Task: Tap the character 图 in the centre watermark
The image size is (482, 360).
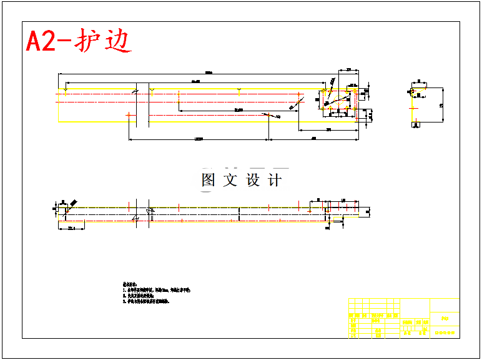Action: [209, 180]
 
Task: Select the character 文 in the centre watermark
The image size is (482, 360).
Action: [230, 180]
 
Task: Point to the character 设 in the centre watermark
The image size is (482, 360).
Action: [253, 180]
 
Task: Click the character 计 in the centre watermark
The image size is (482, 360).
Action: [275, 180]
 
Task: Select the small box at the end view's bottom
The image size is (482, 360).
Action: [415, 125]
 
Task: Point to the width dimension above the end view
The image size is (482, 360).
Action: [419, 81]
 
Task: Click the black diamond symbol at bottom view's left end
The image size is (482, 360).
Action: [73, 204]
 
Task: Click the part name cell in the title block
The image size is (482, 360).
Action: [445, 318]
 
